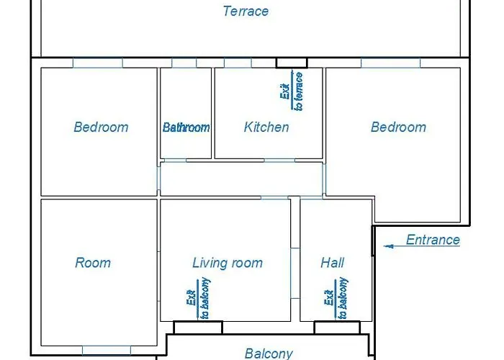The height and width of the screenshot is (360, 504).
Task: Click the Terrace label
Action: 246,12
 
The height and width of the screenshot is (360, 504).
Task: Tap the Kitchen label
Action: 266,127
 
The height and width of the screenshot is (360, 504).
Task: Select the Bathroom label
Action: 186,127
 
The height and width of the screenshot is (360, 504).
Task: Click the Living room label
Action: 228,263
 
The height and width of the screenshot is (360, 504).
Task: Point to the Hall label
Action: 333,263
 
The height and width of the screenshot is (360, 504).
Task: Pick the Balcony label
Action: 269,354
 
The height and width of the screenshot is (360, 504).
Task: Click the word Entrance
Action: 433,240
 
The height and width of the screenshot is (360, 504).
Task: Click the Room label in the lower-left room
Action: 93,263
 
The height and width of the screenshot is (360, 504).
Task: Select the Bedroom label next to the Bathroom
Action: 102,127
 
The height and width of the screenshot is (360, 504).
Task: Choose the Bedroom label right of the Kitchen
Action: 399,127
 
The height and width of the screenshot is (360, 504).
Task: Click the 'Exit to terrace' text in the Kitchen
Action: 292,91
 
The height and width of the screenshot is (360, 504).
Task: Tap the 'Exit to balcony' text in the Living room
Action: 199,298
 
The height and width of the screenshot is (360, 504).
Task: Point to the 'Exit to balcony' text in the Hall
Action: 336,298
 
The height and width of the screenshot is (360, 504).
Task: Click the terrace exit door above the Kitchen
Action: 292,63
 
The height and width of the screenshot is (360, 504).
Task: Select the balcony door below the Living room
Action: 198,328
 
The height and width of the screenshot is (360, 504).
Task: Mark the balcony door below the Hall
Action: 337,328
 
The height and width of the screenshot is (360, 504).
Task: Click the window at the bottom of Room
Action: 107,351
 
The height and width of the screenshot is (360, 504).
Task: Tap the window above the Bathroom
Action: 184,63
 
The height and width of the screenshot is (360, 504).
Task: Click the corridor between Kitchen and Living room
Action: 241,179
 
